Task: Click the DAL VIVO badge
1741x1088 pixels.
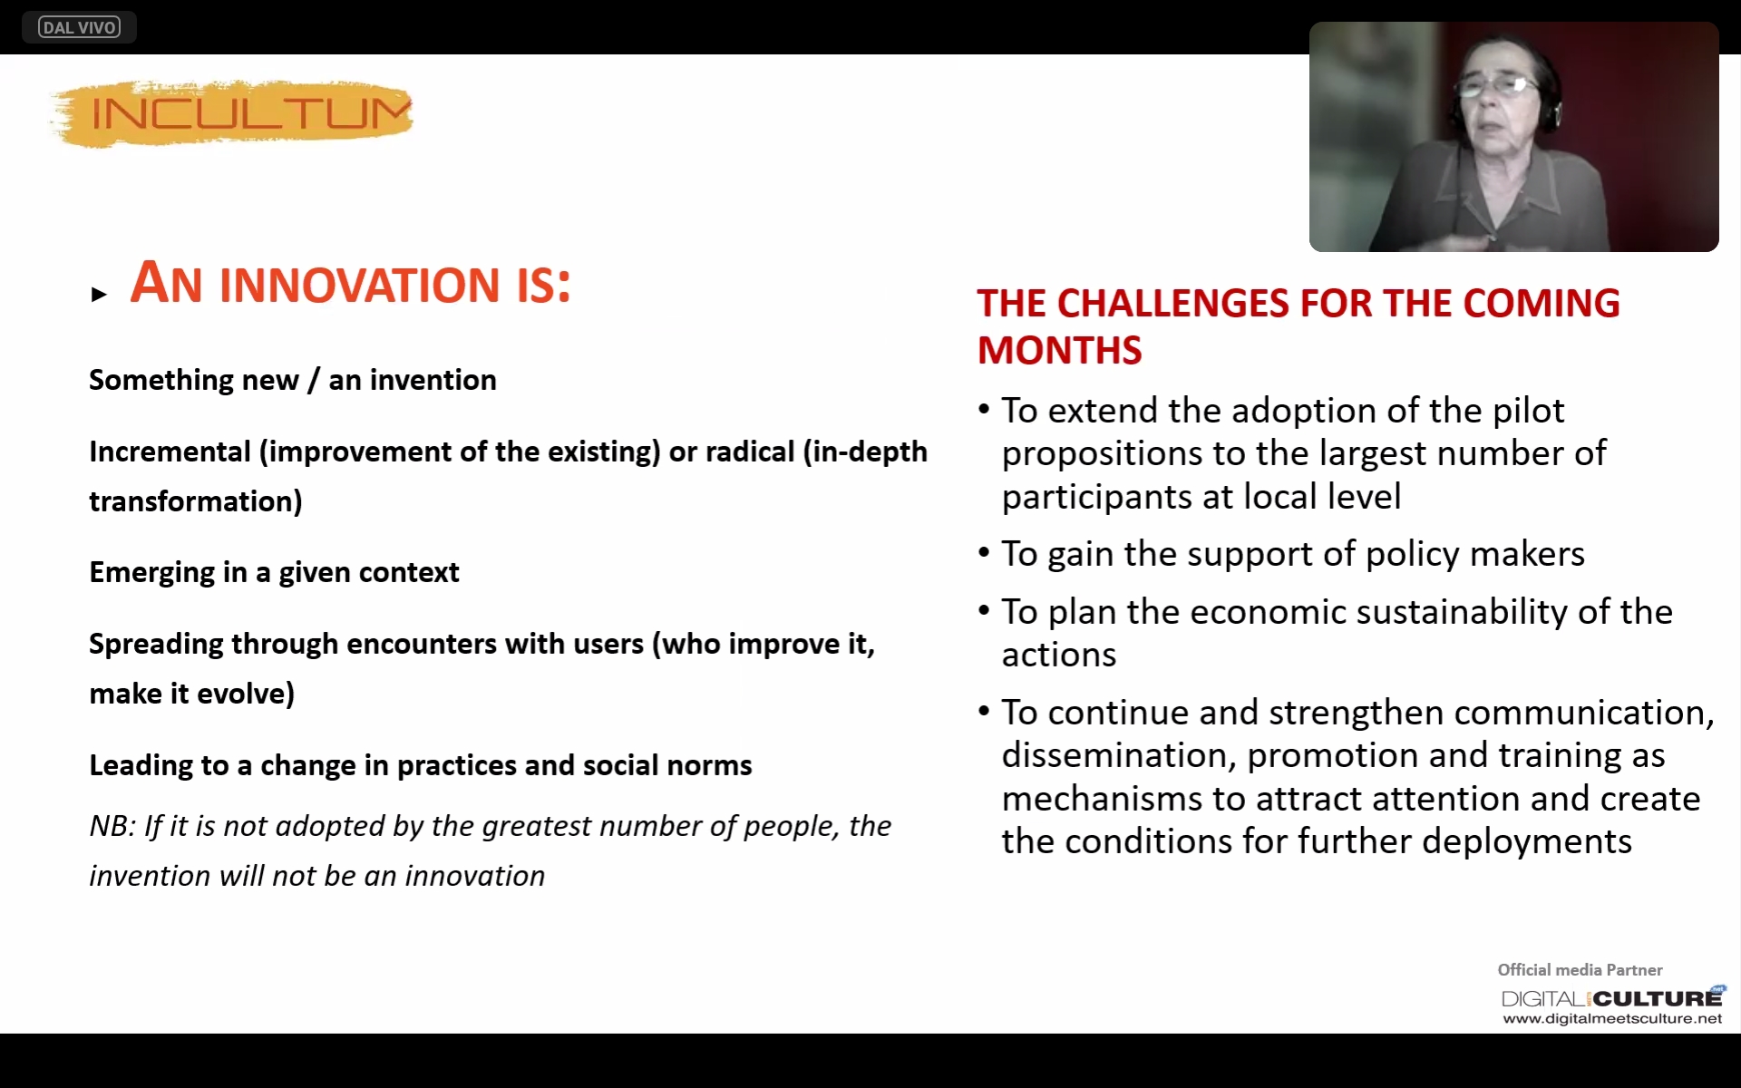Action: pos(79,27)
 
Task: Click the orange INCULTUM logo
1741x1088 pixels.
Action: pos(232,113)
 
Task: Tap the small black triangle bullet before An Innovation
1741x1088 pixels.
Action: pos(99,294)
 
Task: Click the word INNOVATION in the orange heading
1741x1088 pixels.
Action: pos(360,285)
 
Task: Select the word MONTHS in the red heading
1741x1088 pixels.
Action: pos(1059,351)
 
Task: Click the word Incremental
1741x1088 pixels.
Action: pos(170,452)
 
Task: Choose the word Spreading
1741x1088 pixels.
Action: pos(156,645)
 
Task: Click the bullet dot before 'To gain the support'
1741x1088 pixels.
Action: pos(984,552)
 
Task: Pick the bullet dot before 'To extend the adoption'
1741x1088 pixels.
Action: pos(984,409)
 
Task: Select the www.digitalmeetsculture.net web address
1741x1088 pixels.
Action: pos(1612,1019)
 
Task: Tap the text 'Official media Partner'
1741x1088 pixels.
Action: pos(1580,970)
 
